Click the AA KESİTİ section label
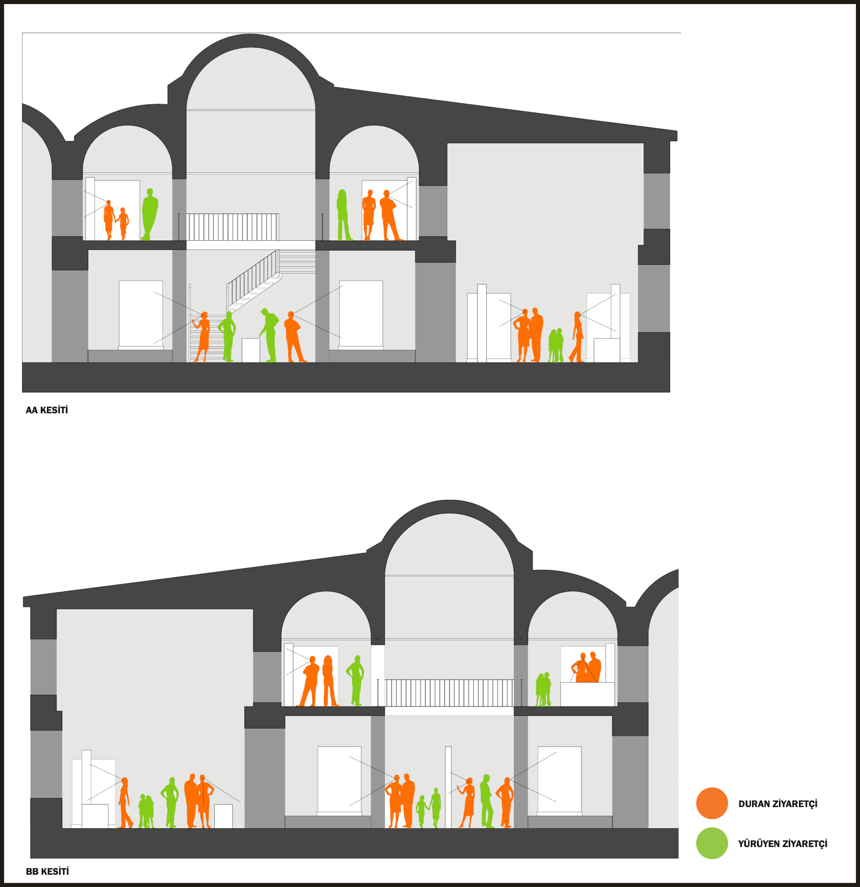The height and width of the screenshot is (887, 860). click(46, 410)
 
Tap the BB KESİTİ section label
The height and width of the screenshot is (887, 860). click(47, 871)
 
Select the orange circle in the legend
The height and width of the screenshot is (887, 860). click(712, 803)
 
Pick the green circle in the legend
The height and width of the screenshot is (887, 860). click(712, 843)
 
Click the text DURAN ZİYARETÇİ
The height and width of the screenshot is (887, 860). click(778, 804)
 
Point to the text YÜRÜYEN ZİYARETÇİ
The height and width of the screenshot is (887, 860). click(782, 843)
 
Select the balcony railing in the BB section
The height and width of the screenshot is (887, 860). click(449, 693)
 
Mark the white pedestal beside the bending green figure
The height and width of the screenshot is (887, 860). click(251, 350)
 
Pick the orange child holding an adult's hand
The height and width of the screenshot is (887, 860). click(123, 223)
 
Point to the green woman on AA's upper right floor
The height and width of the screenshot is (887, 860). click(343, 215)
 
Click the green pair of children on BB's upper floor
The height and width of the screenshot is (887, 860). click(543, 689)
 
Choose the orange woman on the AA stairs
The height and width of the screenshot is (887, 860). click(202, 337)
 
